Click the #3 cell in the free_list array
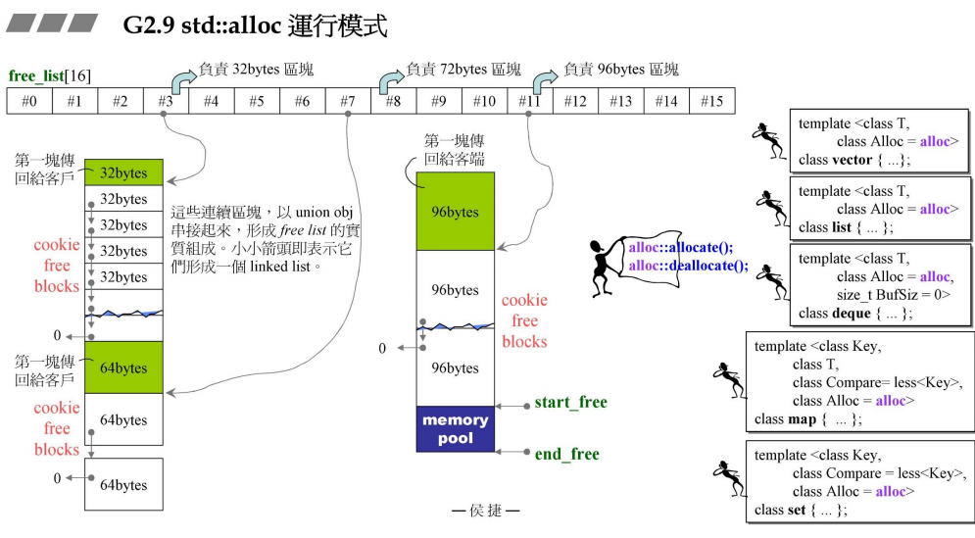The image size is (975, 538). tap(166, 101)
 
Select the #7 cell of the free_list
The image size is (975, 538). tap(348, 101)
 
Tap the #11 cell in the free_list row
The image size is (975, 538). tap(530, 101)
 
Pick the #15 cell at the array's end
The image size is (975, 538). tap(712, 101)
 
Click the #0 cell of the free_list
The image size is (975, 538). tap(29, 101)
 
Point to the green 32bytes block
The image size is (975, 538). tap(123, 172)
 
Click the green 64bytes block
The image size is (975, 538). tap(123, 367)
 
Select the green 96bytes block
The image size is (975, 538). tap(456, 211)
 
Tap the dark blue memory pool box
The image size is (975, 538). tap(456, 429)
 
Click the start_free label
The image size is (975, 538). tap(570, 403)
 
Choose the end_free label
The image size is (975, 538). tap(566, 454)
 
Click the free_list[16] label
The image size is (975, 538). tap(50, 75)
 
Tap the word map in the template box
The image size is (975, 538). tap(802, 419)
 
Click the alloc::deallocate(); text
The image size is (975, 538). tap(688, 265)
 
